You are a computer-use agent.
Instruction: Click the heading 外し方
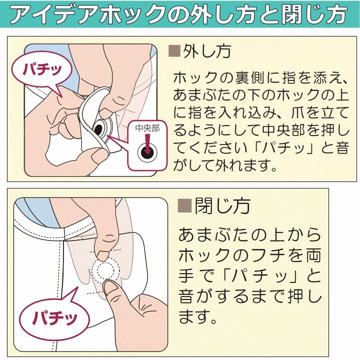207,51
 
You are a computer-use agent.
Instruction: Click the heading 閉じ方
222,206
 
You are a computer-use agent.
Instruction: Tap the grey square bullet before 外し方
174,51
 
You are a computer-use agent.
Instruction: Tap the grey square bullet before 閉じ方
184,205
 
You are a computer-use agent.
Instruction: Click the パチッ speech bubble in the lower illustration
54,318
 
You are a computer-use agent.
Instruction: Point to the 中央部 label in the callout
147,128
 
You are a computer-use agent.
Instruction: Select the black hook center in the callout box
147,152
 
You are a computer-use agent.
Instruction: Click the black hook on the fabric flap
99,129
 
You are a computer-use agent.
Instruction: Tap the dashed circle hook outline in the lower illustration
106,270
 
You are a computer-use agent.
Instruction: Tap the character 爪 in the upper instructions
298,112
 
